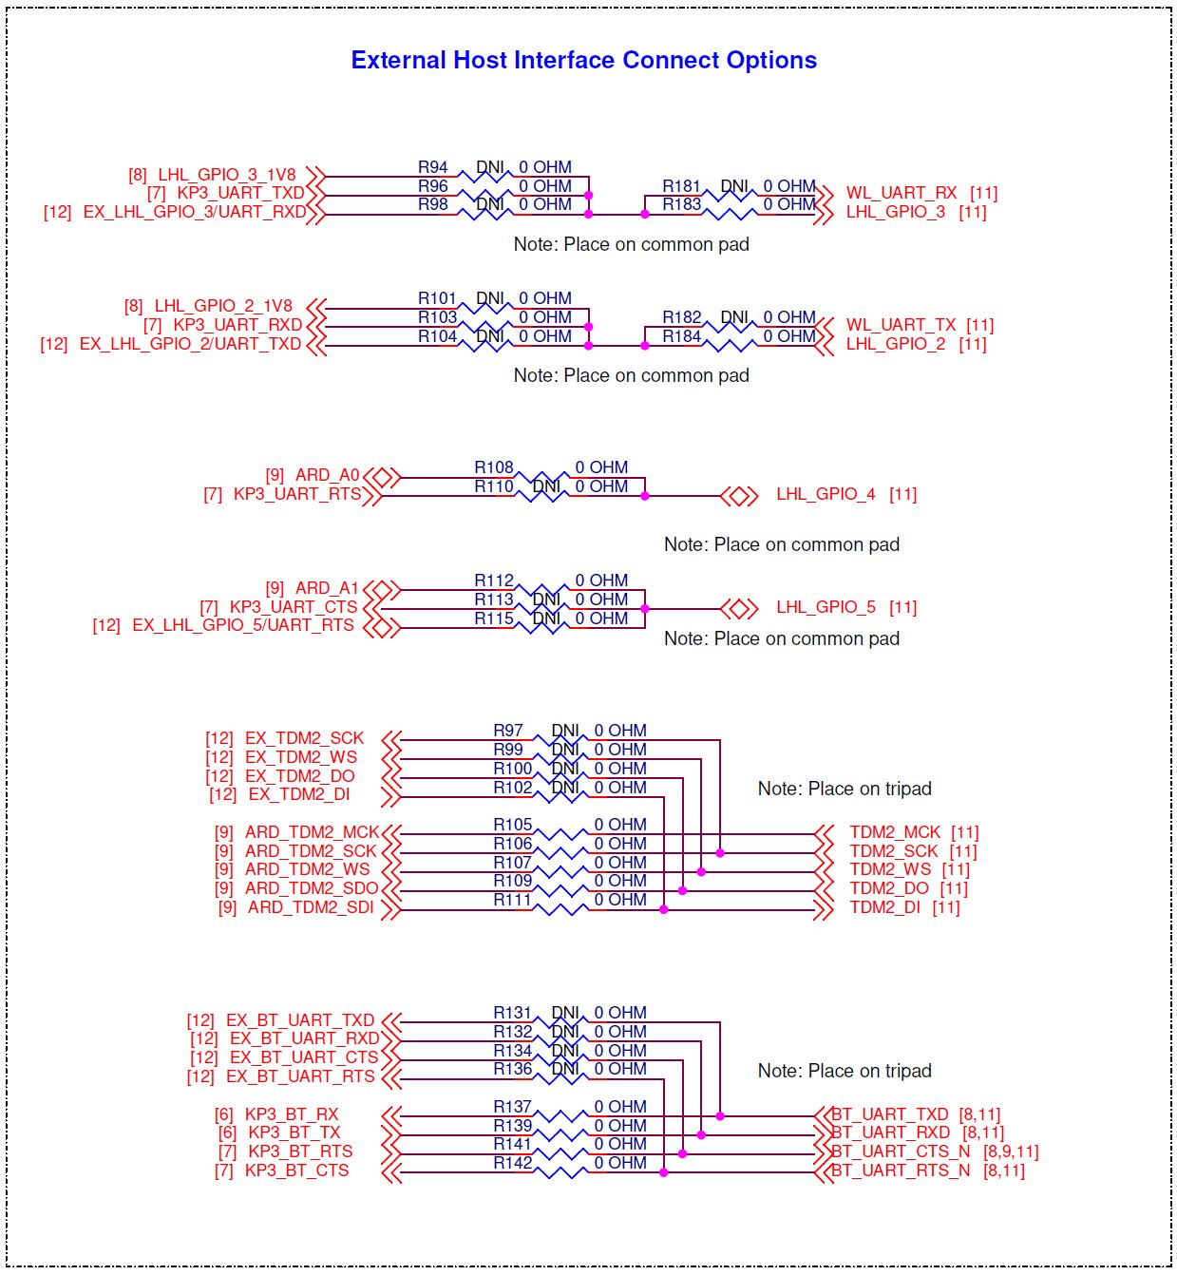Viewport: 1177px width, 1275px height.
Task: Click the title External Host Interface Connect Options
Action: pyautogui.click(x=583, y=60)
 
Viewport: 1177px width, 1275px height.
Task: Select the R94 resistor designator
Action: pyautogui.click(x=432, y=167)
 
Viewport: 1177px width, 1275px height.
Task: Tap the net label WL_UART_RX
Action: pyautogui.click(x=901, y=193)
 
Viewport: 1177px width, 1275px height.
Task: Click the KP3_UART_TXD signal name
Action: pyautogui.click(x=240, y=193)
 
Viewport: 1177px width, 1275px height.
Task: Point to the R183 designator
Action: pyautogui.click(x=681, y=204)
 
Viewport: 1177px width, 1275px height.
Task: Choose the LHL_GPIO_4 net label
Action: pyautogui.click(x=826, y=494)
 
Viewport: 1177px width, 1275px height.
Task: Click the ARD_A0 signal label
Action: pyautogui.click(x=327, y=474)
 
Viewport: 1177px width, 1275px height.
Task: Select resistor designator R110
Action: pyautogui.click(x=493, y=486)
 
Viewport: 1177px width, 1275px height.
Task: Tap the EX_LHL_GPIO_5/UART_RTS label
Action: pyautogui.click(x=243, y=624)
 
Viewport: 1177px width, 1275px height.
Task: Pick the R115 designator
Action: pyautogui.click(x=493, y=618)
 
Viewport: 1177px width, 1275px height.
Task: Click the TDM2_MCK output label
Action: pyautogui.click(x=895, y=832)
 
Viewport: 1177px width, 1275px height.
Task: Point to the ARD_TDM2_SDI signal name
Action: pyautogui.click(x=310, y=906)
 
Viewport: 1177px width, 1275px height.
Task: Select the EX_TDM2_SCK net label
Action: pyautogui.click(x=304, y=737)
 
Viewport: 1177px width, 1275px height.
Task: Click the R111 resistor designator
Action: pyautogui.click(x=512, y=900)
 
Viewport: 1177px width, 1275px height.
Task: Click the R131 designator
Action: pyautogui.click(x=512, y=1013)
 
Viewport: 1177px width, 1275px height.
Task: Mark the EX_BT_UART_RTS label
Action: pyautogui.click(x=300, y=1076)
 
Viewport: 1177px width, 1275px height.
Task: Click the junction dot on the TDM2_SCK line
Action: pyautogui.click(x=720, y=853)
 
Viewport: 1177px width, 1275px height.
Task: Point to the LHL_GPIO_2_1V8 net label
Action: pyautogui.click(x=223, y=306)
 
